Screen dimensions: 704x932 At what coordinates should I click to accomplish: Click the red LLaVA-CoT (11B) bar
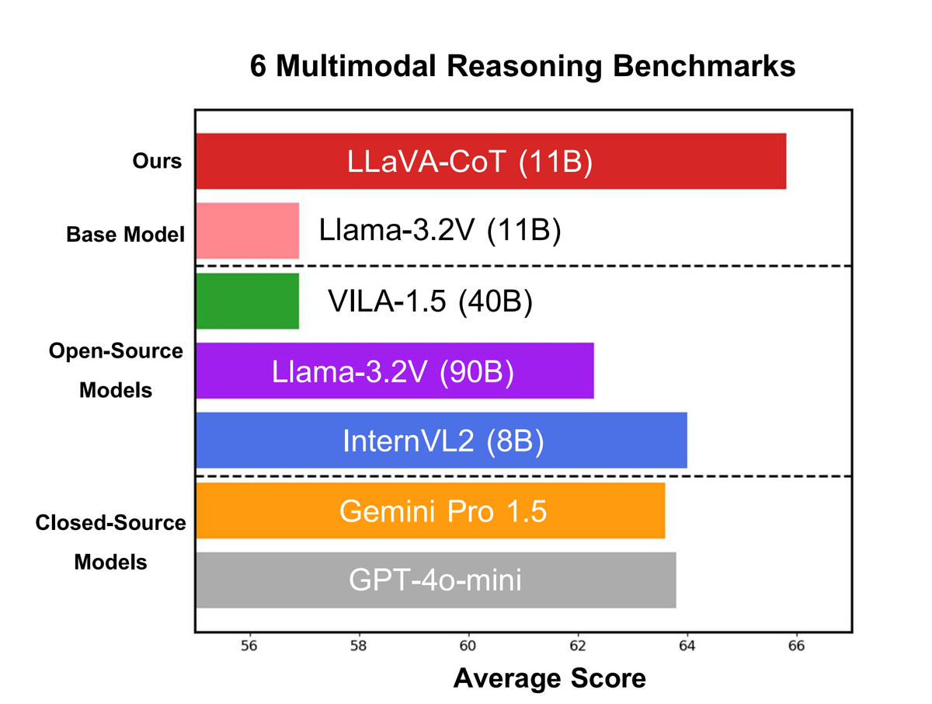click(491, 162)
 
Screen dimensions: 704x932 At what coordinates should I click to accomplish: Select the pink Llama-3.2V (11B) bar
click(247, 231)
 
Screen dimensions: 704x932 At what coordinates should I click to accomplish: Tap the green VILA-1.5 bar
click(247, 301)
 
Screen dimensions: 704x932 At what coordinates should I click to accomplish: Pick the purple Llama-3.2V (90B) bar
click(395, 371)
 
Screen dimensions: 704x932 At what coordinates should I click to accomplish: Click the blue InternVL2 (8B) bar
click(441, 441)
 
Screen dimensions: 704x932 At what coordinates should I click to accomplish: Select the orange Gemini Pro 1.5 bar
click(430, 511)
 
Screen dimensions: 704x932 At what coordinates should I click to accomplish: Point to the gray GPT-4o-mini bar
click(436, 580)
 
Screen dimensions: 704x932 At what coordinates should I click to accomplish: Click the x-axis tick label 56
click(249, 646)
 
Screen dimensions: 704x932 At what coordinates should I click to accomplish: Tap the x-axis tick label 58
click(358, 646)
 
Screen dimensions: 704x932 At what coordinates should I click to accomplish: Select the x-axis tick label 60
click(468, 646)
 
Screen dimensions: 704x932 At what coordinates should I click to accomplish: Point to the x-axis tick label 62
click(577, 646)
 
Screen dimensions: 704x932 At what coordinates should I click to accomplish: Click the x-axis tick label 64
click(687, 646)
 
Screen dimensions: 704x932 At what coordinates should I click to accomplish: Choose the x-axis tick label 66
click(796, 646)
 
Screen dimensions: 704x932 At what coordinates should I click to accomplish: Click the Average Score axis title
click(549, 678)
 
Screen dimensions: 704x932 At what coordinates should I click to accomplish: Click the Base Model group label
click(126, 234)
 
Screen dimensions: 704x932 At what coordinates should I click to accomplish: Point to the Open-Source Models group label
click(116, 370)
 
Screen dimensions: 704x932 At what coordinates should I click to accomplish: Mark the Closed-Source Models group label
click(111, 542)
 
